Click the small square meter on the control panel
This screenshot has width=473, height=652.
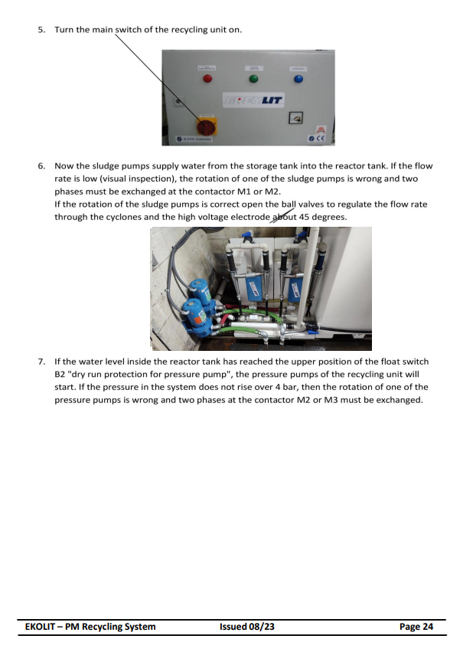click(x=294, y=117)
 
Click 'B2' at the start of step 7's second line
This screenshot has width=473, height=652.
click(x=61, y=374)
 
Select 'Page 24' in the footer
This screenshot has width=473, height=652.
click(x=416, y=627)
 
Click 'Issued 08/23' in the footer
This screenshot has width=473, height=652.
click(x=246, y=627)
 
